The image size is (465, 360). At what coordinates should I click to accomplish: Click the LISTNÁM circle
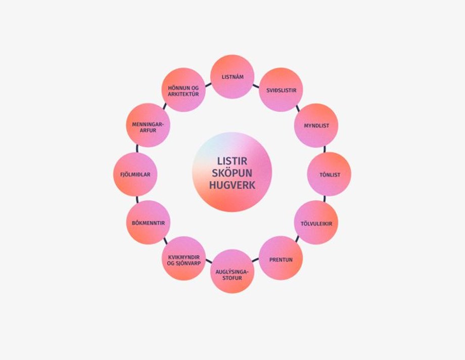232,76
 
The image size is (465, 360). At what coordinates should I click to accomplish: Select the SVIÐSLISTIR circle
281,90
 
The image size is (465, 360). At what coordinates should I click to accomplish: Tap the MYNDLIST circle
316,125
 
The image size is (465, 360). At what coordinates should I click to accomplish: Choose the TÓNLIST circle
330,174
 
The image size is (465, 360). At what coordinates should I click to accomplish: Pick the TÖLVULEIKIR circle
316,223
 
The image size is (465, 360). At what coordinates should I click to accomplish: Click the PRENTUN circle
281,259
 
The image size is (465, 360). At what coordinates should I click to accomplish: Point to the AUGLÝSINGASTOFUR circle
232,272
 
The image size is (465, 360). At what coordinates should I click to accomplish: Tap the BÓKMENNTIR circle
148,223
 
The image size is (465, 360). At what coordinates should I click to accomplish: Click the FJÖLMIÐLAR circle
135,174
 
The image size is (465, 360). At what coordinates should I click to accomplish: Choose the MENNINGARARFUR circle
148,125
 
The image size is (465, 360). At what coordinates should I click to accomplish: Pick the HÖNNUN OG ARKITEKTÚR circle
184,90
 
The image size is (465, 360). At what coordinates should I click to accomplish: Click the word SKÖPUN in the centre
232,173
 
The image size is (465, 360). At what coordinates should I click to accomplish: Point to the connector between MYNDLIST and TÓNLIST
324,150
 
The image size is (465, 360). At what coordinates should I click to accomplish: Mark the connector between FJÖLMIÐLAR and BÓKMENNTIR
137,199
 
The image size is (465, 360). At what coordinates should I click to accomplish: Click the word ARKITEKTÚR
184,94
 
